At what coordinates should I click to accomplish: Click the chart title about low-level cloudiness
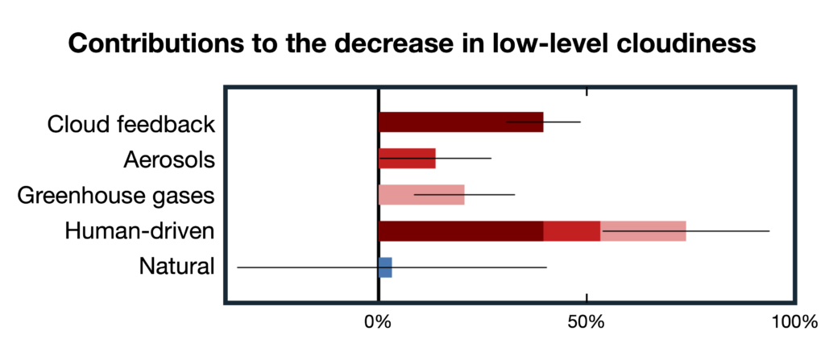point(412,43)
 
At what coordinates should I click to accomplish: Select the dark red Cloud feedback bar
point(460,122)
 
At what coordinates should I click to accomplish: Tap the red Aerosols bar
point(407,159)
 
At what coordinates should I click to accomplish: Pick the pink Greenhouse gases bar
point(421,195)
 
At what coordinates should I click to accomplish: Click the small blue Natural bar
point(385,267)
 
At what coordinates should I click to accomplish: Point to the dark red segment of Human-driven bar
point(460,231)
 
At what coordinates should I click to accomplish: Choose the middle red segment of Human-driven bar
point(572,231)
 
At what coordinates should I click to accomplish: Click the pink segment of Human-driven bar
point(643,231)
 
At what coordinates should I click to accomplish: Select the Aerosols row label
point(169,160)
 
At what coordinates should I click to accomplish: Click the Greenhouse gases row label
point(116,197)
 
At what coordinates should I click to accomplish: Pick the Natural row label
point(176,267)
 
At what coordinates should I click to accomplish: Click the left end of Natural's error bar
point(238,267)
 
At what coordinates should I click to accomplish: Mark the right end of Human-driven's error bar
point(769,231)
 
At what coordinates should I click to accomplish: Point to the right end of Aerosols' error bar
point(491,159)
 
